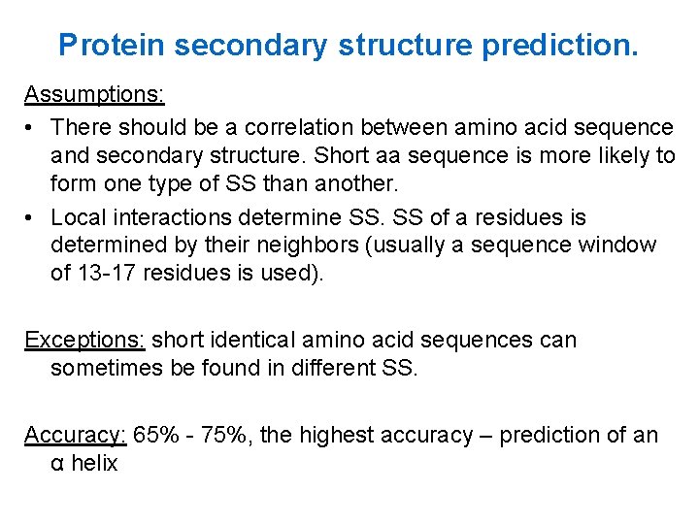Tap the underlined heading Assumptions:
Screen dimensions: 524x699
pyautogui.click(x=94, y=95)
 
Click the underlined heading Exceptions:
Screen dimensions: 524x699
pyautogui.click(x=84, y=340)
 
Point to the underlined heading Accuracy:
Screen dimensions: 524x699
pyautogui.click(x=76, y=435)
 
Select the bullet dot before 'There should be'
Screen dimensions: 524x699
pyautogui.click(x=31, y=127)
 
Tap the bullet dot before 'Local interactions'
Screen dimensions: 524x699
pyautogui.click(x=31, y=217)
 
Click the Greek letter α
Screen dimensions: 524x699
pyautogui.click(x=57, y=464)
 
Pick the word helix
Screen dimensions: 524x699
pyautogui.click(x=94, y=463)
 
